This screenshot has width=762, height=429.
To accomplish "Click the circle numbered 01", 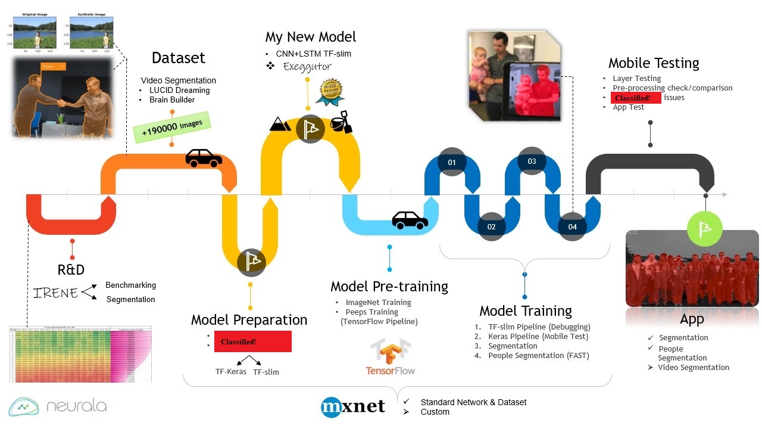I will tap(451, 162).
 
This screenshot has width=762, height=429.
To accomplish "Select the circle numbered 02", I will tap(491, 226).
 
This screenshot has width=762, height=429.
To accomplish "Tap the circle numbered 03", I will tap(532, 161).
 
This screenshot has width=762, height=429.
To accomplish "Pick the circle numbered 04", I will tap(572, 226).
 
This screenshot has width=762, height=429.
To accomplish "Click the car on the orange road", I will tap(204, 157).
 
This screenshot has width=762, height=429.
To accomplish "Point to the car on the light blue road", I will tap(410, 220).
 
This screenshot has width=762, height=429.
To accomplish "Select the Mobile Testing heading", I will tap(654, 63).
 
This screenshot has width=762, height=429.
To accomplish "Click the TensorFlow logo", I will tap(391, 356).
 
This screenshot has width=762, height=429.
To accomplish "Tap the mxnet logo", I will tap(353, 407).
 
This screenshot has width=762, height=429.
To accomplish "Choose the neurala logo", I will tap(58, 406).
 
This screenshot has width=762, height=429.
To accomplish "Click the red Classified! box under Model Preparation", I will tap(252, 342).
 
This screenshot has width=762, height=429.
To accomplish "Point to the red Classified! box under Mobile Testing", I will tap(635, 98).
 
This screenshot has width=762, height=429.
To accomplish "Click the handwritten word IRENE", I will tap(56, 293).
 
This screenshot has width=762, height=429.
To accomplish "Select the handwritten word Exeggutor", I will tap(307, 66).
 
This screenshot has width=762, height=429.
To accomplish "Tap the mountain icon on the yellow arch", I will tap(280, 123).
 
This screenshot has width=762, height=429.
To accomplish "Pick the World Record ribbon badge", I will tap(329, 91).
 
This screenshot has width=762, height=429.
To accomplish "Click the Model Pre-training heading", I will tap(389, 287).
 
